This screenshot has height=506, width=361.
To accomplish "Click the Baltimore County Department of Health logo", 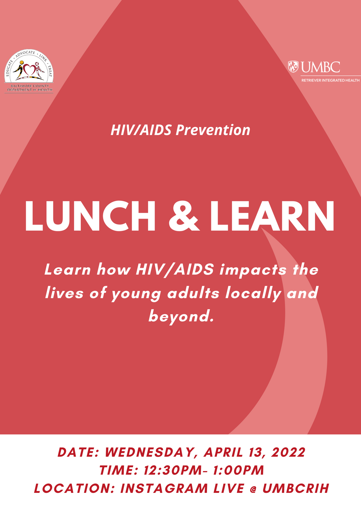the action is [x=29, y=71].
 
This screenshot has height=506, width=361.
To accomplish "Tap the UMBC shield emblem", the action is [x=293, y=67].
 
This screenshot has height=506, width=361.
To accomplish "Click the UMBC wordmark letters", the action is [x=320, y=67].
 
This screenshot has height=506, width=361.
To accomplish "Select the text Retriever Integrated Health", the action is [x=330, y=80].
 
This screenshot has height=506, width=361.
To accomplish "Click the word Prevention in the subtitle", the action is [x=213, y=130].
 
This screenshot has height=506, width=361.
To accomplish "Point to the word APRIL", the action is [x=223, y=452].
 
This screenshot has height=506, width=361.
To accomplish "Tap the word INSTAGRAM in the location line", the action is [x=164, y=488].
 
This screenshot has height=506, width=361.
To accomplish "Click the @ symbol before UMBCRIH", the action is [x=253, y=489].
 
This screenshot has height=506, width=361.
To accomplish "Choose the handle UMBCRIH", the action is [x=296, y=488].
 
